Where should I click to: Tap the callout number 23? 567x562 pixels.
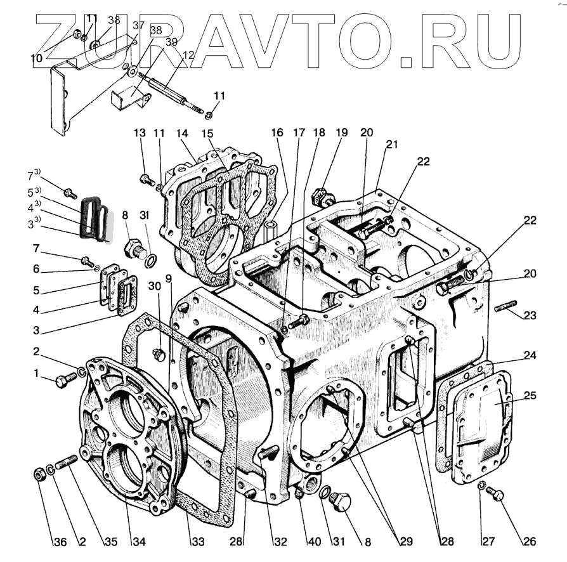tap(529, 315)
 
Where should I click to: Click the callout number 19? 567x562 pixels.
tap(342, 133)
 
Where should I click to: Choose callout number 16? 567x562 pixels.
tap(277, 133)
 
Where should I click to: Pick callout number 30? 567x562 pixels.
tap(155, 286)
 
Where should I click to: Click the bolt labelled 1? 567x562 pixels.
tap(62, 381)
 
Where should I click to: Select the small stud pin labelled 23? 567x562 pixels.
tap(505, 309)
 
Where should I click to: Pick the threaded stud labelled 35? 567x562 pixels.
tap(65, 466)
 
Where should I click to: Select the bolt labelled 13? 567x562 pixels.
tap(145, 180)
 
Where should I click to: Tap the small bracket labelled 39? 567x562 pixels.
tap(130, 99)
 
